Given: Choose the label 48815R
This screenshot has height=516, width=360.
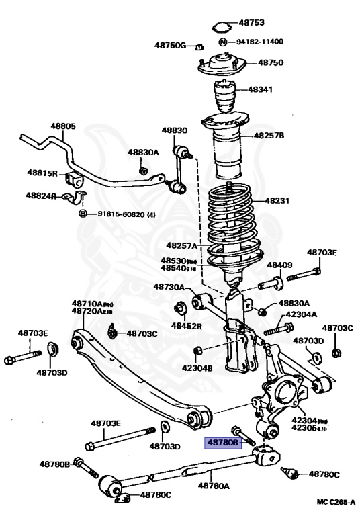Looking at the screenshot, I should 42,173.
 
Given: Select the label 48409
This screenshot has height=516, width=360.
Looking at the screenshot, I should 280,265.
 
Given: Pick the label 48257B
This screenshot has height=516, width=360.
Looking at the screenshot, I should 269,136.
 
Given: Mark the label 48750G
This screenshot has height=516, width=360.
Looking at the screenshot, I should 169,45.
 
